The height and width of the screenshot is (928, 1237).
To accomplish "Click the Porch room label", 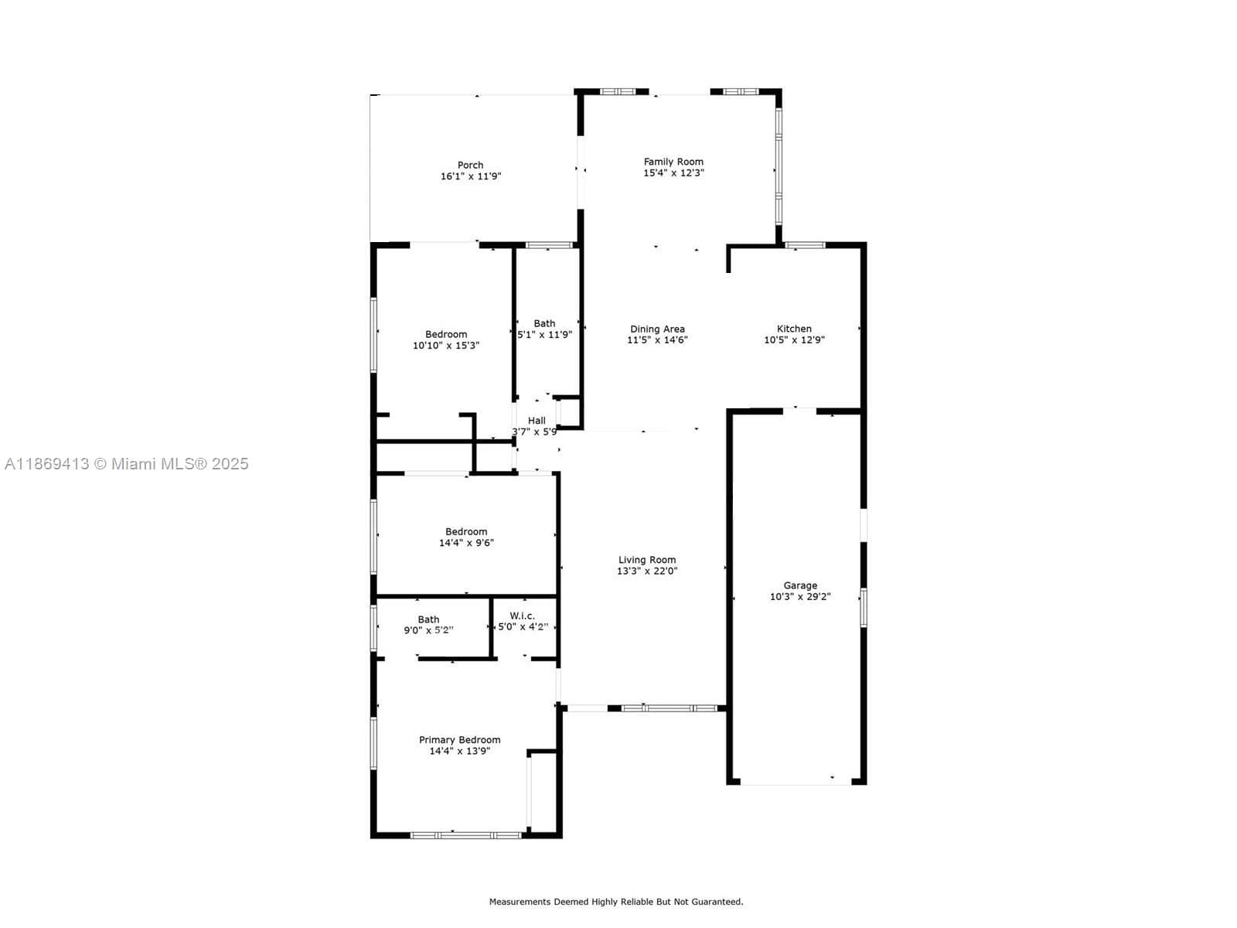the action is (x=470, y=165).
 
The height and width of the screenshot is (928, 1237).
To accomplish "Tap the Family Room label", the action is (x=673, y=162).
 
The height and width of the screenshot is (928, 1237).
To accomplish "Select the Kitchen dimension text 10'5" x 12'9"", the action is (x=794, y=339).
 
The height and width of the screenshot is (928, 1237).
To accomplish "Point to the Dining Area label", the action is (x=657, y=329).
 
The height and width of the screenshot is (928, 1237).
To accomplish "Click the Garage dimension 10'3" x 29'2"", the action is (x=800, y=597).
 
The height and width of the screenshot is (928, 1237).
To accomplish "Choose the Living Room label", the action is (x=647, y=559).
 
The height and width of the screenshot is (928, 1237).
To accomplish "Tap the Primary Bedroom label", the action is (x=459, y=740).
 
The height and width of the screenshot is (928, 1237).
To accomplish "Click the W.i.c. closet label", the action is (x=523, y=616).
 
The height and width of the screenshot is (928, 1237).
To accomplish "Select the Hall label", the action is (x=537, y=421).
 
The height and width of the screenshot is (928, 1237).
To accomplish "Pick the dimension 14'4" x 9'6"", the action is (x=466, y=543).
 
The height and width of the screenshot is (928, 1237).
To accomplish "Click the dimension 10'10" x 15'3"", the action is (x=446, y=346).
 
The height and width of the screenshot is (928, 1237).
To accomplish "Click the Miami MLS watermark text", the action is (x=126, y=464).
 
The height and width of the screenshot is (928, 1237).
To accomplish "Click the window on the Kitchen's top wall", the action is (x=804, y=245).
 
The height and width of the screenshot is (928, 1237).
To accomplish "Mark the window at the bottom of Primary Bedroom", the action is (x=465, y=835).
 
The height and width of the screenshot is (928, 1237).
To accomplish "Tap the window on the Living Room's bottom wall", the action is (x=669, y=708).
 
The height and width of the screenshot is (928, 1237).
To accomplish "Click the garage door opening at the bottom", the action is (x=796, y=783).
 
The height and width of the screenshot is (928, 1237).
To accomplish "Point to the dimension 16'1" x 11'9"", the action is (x=471, y=176).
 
